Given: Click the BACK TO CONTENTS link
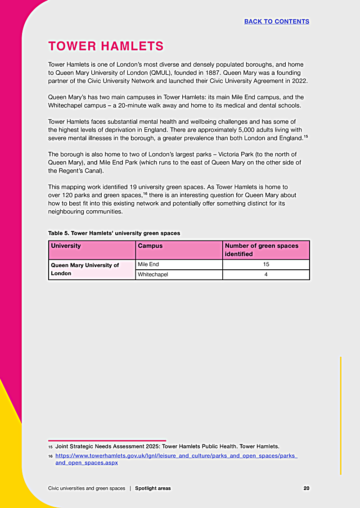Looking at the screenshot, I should [x=276, y=22].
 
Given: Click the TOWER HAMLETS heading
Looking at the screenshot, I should [x=106, y=46].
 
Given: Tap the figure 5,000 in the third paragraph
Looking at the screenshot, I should [x=244, y=130].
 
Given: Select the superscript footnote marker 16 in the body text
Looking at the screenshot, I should [x=145, y=193].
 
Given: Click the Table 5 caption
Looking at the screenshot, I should [x=114, y=233].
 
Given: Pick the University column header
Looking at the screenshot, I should [x=66, y=246].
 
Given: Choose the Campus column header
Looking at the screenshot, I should [x=150, y=246].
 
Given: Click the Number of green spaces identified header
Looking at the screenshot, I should [x=261, y=250].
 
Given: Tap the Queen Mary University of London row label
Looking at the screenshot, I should [x=85, y=269].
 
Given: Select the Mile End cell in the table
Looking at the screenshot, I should [x=148, y=264].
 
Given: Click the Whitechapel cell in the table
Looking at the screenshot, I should [x=153, y=274].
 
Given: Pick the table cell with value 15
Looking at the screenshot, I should [x=266, y=264].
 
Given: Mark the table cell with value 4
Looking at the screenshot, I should [x=266, y=274].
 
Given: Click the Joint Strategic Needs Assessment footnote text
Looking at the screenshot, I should [x=167, y=446].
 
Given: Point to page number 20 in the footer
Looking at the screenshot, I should [x=306, y=488].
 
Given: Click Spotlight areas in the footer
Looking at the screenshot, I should [x=153, y=488].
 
